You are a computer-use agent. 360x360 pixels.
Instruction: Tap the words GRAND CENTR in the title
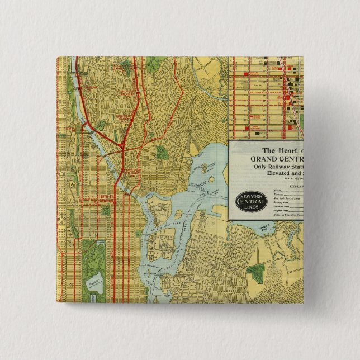point(267,158)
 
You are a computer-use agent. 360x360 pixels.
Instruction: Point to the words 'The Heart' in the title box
point(282,149)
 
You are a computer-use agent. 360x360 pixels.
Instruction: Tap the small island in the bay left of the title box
point(204,168)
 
